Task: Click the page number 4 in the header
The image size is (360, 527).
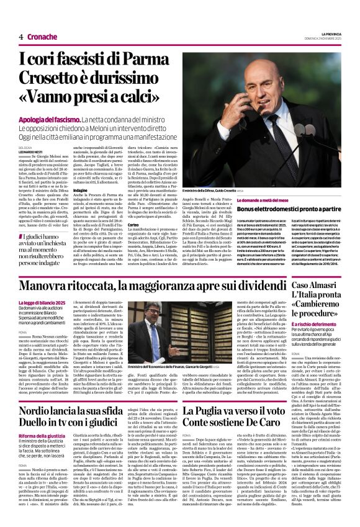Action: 20,37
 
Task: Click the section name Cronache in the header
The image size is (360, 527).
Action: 42,37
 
